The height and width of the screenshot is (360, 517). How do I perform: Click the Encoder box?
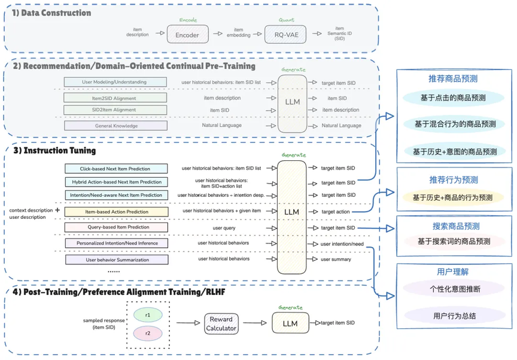pos(187,35)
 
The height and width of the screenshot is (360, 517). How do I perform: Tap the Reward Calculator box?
pos(221,324)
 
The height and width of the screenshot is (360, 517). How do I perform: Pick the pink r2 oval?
pos(147,332)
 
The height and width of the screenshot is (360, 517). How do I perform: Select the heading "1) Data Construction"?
pos(52,13)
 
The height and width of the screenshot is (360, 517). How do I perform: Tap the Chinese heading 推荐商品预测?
pos(453,78)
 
